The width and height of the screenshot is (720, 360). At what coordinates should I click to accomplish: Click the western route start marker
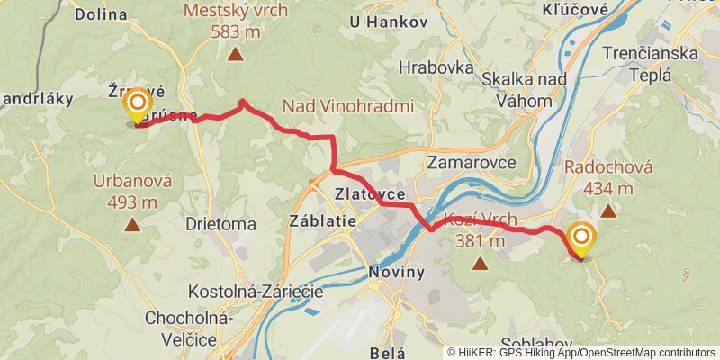[137, 103]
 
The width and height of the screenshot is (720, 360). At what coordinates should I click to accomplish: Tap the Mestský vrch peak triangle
[236, 55]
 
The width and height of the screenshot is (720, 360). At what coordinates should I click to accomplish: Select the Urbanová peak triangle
[132, 225]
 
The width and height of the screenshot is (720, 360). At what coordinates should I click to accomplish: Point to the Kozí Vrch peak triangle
[480, 264]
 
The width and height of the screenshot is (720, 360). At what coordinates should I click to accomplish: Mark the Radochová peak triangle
[607, 211]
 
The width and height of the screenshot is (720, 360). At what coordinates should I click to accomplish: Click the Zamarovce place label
[471, 163]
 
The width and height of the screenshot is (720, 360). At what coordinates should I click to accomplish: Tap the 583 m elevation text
[236, 31]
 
